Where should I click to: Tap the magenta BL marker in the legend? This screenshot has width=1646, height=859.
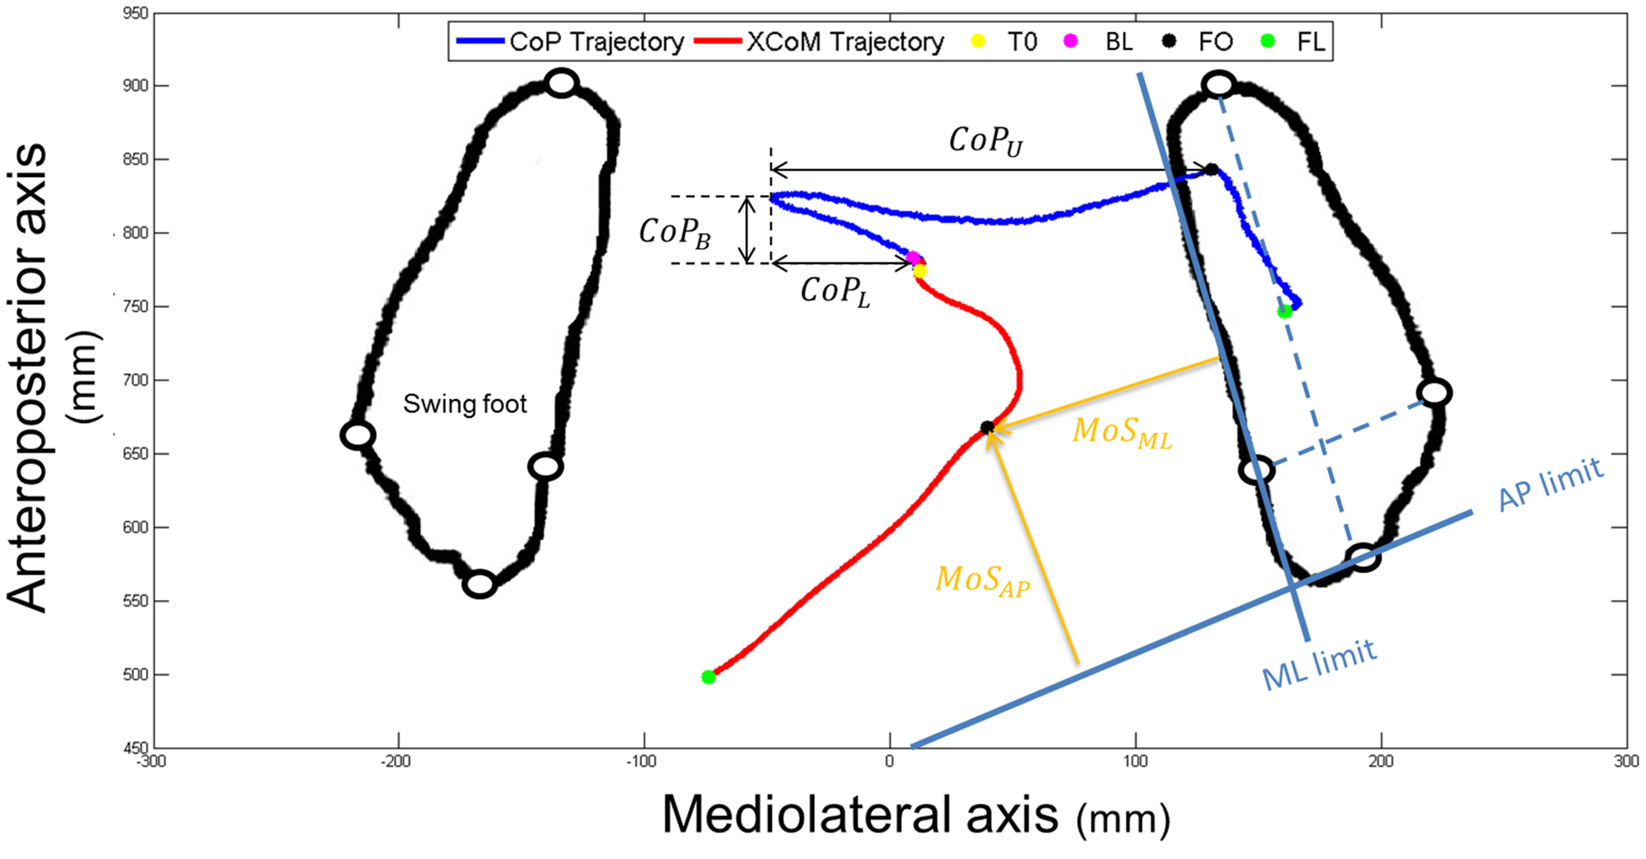pyautogui.click(x=1071, y=41)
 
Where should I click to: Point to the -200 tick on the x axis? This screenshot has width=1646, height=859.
pyautogui.click(x=396, y=761)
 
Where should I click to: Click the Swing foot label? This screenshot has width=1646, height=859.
pyautogui.click(x=465, y=404)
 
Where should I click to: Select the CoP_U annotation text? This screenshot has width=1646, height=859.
pyautogui.click(x=986, y=141)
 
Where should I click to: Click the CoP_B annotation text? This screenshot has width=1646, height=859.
pyautogui.click(x=675, y=233)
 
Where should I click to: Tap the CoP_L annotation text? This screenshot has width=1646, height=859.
pyautogui.click(x=835, y=292)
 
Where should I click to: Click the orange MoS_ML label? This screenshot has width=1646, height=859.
pyautogui.click(x=1122, y=433)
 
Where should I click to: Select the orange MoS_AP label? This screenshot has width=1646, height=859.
pyautogui.click(x=983, y=581)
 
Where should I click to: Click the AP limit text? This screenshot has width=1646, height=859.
pyautogui.click(x=1549, y=484)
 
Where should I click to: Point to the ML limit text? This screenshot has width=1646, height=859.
pyautogui.click(x=1319, y=665)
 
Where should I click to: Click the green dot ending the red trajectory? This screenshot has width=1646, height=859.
pyautogui.click(x=708, y=677)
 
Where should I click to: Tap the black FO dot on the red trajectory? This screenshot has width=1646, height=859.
pyautogui.click(x=988, y=428)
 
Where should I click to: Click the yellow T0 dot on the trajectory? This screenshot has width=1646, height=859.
pyautogui.click(x=920, y=271)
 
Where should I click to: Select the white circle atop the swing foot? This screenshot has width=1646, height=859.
pyautogui.click(x=562, y=83)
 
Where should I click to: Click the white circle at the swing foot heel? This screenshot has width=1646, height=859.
pyautogui.click(x=480, y=584)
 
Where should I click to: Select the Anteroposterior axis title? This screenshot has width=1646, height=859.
pyautogui.click(x=29, y=377)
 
